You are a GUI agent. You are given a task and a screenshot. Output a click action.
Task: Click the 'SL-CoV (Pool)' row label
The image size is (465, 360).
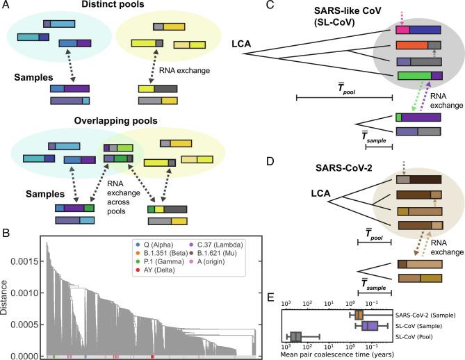click(x=417, y=336)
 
